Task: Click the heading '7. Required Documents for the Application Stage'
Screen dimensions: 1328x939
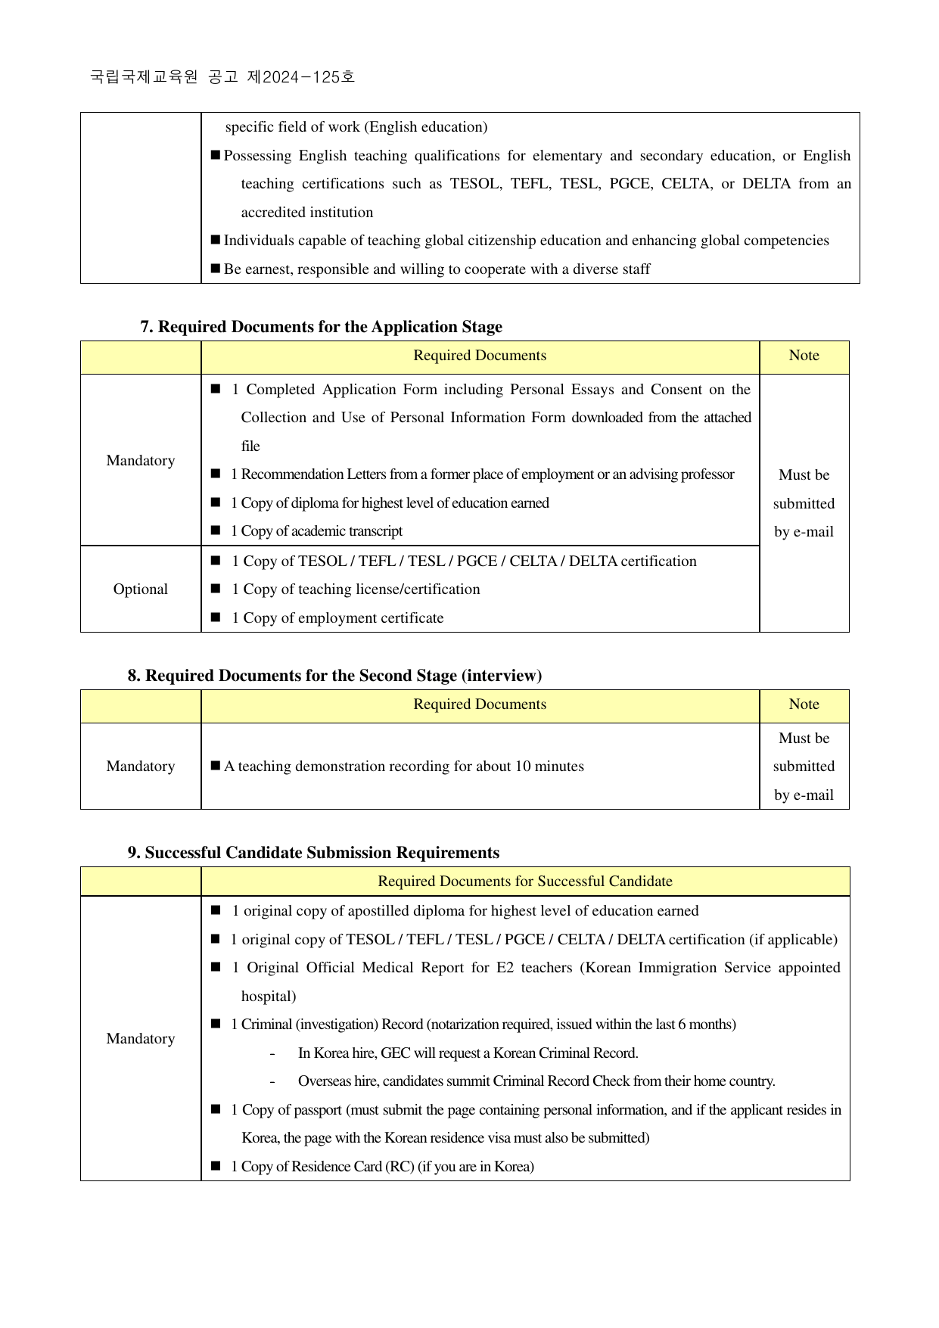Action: [x=321, y=327]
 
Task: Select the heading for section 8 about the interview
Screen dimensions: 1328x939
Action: [x=334, y=676]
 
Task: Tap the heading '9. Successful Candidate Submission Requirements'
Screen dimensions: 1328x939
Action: [x=313, y=853]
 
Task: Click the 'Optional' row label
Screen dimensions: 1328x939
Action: [x=141, y=589]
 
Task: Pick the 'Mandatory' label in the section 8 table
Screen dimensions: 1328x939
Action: [x=141, y=767]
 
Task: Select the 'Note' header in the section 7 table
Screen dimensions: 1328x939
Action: [x=804, y=356]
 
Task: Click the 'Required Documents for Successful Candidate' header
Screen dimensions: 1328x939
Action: [x=525, y=882]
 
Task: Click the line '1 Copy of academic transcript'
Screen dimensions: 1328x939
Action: [x=317, y=531]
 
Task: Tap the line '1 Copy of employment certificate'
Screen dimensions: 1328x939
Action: [x=337, y=618]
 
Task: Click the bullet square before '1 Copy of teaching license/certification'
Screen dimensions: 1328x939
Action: [x=216, y=589]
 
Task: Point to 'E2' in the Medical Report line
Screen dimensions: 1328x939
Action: [x=505, y=968]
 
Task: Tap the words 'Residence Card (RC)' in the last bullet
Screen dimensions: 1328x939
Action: [x=345, y=1167]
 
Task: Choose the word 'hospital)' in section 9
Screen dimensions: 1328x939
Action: [x=269, y=997]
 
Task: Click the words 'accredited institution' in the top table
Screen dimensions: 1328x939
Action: [x=307, y=213]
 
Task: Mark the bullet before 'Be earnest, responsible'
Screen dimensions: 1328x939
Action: [x=216, y=269]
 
